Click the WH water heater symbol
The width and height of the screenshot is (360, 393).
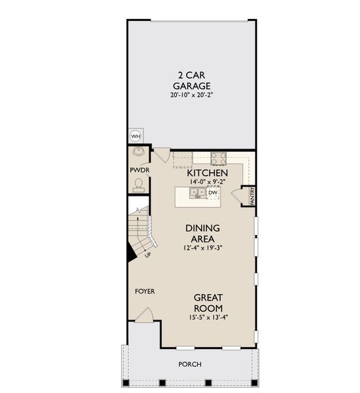pyautogui.click(x=135, y=136)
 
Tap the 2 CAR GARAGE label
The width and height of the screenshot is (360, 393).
pyautogui.click(x=191, y=80)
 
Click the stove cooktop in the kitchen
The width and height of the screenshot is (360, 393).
pyautogui.click(x=218, y=158)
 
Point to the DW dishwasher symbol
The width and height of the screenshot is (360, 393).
pyautogui.click(x=213, y=193)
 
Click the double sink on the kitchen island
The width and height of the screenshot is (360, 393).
pyautogui.click(x=196, y=193)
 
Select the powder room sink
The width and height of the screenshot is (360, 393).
pyautogui.click(x=139, y=152)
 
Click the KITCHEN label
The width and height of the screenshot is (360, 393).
pyautogui.click(x=207, y=173)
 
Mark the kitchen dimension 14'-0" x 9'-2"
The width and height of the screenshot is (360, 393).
pyautogui.click(x=207, y=181)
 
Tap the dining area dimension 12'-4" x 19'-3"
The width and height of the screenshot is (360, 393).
pyautogui.click(x=202, y=248)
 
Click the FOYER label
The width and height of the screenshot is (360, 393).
pyautogui.click(x=145, y=291)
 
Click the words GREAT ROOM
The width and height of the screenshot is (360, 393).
pyautogui.click(x=207, y=302)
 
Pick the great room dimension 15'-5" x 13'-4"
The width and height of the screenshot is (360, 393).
pyautogui.click(x=207, y=318)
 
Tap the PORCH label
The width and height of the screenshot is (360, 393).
pyautogui.click(x=190, y=364)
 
